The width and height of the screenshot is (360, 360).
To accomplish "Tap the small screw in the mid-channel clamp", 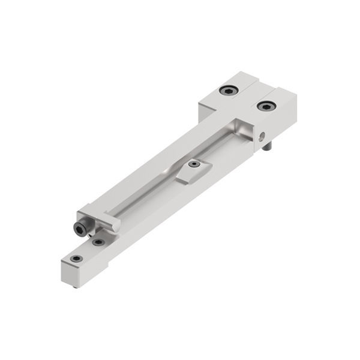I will click(193, 164).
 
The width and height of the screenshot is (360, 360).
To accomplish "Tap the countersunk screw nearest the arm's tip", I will click(76, 259).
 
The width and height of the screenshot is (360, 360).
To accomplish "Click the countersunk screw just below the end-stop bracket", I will click(97, 242).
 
